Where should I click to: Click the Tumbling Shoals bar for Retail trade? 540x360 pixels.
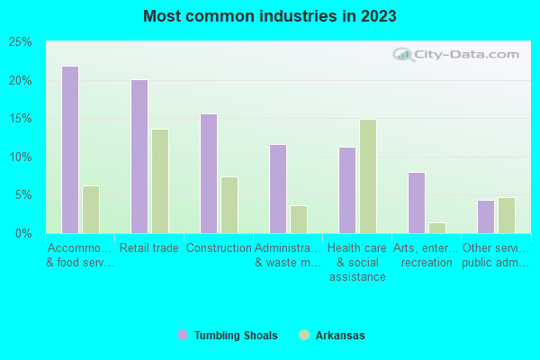pos(139,157)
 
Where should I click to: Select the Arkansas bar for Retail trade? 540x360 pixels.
pos(159,181)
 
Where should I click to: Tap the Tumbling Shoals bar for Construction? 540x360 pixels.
pos(208,174)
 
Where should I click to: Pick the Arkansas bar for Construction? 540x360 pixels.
pos(229,205)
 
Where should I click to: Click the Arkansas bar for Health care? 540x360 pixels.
pos(367,176)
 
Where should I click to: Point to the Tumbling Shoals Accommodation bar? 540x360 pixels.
pos(69,149)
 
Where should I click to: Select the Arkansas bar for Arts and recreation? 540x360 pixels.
pos(436,228)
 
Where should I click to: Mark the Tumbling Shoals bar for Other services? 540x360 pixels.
pos(485,217)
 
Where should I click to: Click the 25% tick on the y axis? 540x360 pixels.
pos(21,42)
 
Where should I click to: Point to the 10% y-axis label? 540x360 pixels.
pos(21,157)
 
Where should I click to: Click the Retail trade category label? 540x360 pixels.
pos(148,248)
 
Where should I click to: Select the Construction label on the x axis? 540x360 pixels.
pos(219,248)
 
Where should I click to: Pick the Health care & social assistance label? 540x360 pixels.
pos(356,263)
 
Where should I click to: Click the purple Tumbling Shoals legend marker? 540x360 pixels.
pos(183,336)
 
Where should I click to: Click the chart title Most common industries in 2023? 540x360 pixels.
pos(269,16)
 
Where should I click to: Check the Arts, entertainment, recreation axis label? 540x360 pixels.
pos(427,256)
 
